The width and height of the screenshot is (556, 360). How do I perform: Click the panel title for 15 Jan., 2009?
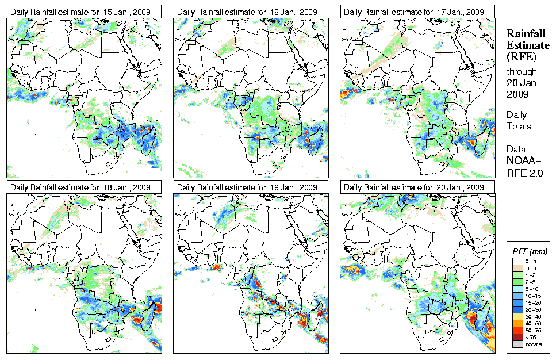point(83,12)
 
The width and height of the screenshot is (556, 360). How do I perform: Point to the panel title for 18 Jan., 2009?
point(83,187)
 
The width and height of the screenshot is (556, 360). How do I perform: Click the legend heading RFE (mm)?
point(530,251)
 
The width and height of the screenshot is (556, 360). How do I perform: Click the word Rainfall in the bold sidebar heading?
point(526,35)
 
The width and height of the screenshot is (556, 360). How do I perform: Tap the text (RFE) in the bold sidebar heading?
point(521,57)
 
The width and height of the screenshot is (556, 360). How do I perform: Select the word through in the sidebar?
point(522,72)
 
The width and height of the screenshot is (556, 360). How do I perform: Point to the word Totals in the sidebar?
point(519,126)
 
